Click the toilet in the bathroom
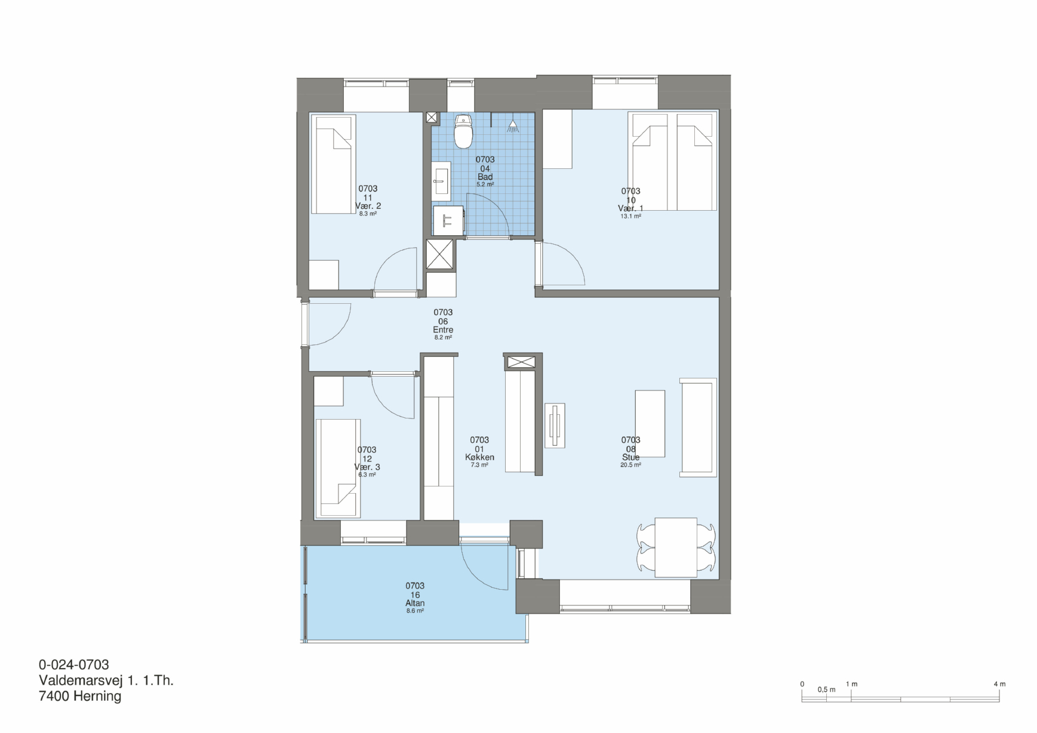click(x=463, y=131)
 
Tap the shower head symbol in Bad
click(x=512, y=126)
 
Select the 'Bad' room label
click(x=485, y=177)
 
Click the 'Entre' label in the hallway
click(x=443, y=329)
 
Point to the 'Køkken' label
click(x=479, y=457)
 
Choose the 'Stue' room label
click(x=630, y=457)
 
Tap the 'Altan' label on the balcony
click(x=415, y=603)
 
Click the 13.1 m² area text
click(x=630, y=216)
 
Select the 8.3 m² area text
click(x=368, y=213)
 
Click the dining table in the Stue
click(x=676, y=547)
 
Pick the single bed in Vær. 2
click(x=333, y=164)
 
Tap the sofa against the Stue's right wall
click(x=698, y=427)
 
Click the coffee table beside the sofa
click(x=650, y=424)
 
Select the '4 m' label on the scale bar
click(x=999, y=684)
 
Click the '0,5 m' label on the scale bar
click(x=827, y=689)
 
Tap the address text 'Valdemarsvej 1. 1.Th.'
click(x=106, y=680)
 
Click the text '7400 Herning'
click(x=80, y=696)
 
